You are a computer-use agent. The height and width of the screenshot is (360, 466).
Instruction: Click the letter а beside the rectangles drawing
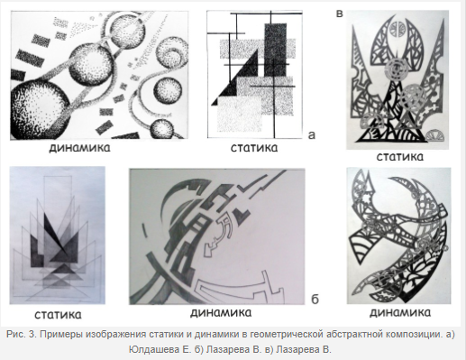coord(312,135)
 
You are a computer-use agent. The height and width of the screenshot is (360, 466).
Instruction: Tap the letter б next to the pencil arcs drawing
coord(315,300)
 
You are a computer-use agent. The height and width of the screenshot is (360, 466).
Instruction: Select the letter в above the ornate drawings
coord(339,14)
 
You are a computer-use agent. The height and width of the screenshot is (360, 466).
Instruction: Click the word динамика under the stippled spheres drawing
coord(79,148)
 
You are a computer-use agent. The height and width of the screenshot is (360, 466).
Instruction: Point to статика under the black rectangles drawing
coord(254,148)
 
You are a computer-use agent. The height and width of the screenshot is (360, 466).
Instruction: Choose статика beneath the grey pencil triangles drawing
coord(58,315)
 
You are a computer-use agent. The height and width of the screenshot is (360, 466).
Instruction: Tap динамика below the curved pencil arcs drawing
coord(221,313)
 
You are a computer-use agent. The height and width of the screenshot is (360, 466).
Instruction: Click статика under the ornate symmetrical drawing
coord(400,157)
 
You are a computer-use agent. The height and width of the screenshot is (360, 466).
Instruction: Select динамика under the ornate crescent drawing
coord(400,312)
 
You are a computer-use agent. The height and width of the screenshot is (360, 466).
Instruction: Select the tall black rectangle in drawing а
coord(276,50)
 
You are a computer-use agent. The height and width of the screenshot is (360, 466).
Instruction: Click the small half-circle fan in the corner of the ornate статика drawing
coord(435,135)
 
